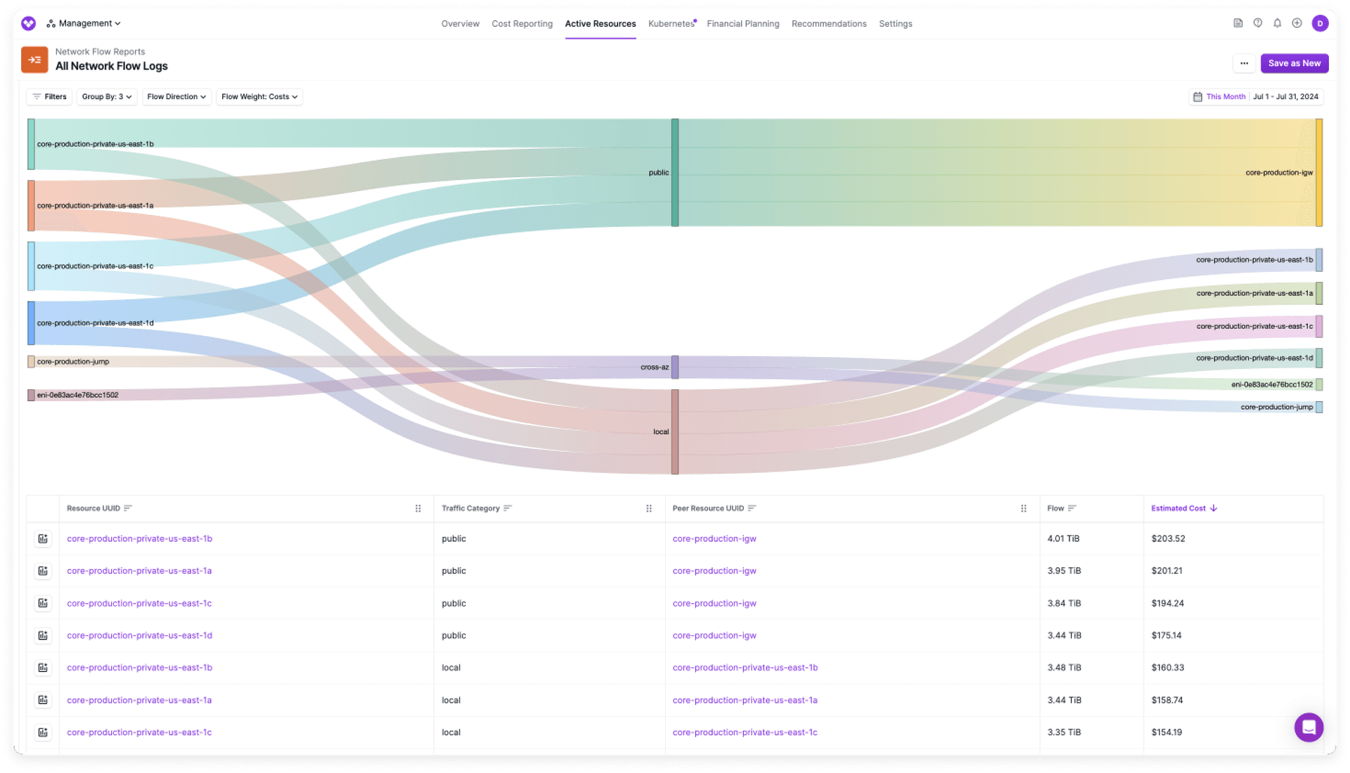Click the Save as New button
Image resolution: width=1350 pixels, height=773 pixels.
point(1294,63)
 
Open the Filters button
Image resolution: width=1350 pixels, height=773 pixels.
point(49,97)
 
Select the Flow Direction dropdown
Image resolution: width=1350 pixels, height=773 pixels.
point(176,97)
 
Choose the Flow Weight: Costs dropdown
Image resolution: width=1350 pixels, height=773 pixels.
point(259,97)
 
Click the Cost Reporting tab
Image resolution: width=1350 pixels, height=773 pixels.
point(522,24)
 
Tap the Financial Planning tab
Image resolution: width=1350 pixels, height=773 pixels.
point(742,24)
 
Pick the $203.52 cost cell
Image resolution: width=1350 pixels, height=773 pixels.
point(1168,539)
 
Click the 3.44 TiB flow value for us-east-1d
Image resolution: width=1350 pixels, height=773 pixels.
point(1064,635)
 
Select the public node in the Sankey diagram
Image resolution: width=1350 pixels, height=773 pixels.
point(674,172)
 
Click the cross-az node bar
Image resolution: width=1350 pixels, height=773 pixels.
point(674,367)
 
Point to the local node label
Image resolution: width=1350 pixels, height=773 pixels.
point(660,432)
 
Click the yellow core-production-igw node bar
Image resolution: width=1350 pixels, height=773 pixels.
point(1319,172)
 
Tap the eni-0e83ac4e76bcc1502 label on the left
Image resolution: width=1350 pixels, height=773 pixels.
point(77,395)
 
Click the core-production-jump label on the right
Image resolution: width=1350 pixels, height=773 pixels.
point(1276,407)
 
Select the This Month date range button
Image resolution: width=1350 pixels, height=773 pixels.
point(1225,97)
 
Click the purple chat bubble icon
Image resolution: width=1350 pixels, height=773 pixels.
point(1309,727)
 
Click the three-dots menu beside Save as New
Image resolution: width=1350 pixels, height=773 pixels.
point(1244,63)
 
